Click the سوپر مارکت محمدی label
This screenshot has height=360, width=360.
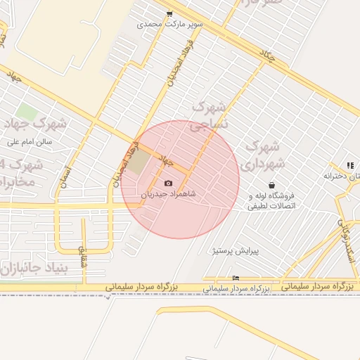coord(170,24)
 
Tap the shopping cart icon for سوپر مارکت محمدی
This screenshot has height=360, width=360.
coord(169,13)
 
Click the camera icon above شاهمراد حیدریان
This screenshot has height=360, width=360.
coord(168,184)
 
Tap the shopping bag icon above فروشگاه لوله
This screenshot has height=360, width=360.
coord(271,185)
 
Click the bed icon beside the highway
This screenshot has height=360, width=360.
coord(235,278)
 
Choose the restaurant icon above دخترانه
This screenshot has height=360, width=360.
coord(349,165)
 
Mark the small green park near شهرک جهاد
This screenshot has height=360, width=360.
coord(27,111)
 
